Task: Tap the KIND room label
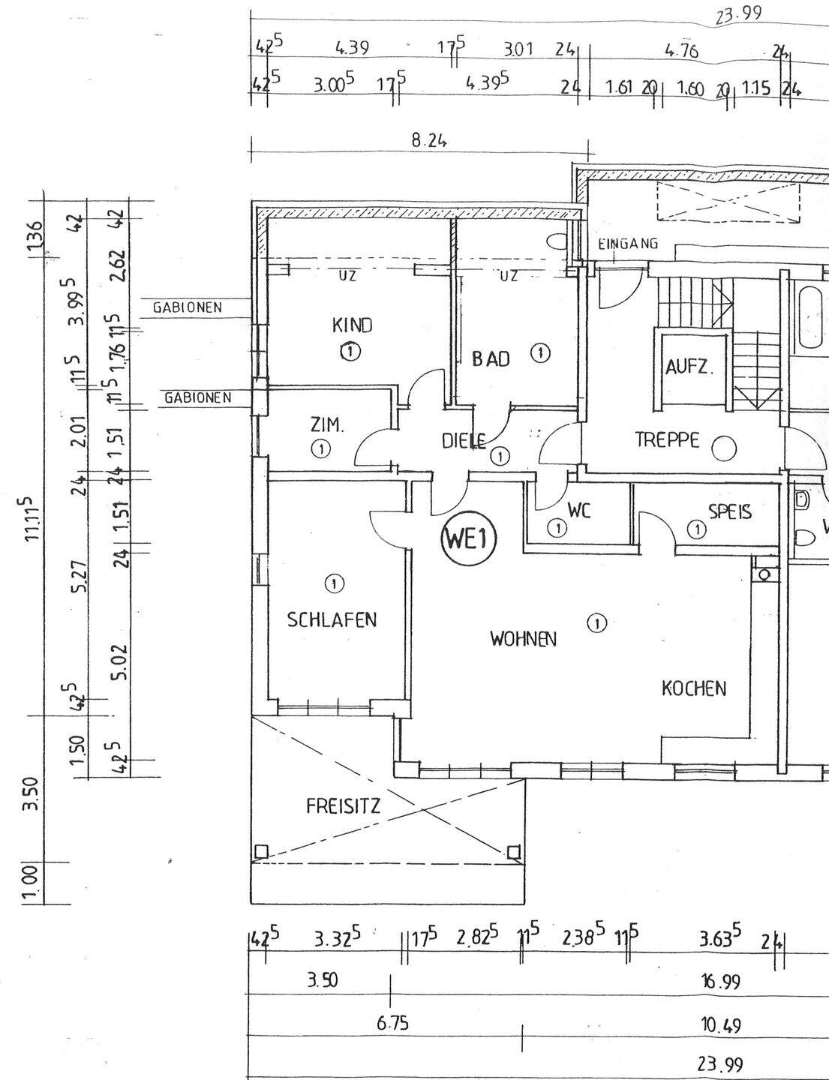(x=352, y=325)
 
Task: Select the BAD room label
(x=491, y=358)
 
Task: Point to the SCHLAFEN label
(x=332, y=620)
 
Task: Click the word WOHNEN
(x=523, y=639)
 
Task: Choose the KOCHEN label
(x=693, y=688)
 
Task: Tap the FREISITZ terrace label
(x=343, y=806)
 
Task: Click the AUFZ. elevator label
(x=689, y=367)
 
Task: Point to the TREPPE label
(x=667, y=439)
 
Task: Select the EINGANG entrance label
(x=628, y=244)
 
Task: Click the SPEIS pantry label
(x=730, y=511)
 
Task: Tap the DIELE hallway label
(x=464, y=441)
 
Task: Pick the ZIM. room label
(x=327, y=425)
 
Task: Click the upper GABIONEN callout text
(x=187, y=307)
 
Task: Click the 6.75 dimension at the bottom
(x=392, y=1024)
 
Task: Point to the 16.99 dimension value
(x=720, y=982)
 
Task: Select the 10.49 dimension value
(x=720, y=1024)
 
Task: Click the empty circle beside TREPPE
(x=724, y=449)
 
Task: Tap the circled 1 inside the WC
(x=557, y=528)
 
